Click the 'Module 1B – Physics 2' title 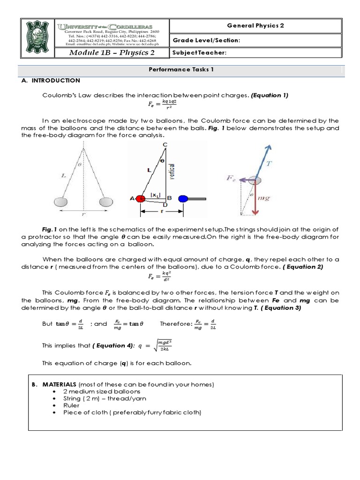(112, 52)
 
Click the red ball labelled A (142, 198)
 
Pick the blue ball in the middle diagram (183, 198)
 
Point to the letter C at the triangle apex (165, 145)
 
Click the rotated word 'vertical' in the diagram (172, 171)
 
